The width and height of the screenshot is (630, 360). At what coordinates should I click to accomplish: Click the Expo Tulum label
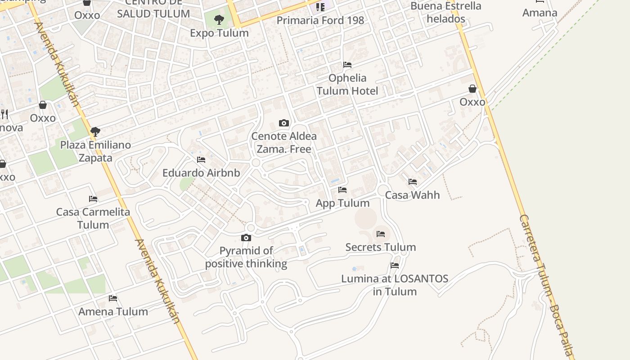coord(219,33)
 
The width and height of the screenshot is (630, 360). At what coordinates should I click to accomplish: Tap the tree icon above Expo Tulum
coord(219,19)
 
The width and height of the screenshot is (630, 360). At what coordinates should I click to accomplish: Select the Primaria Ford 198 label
coord(320,20)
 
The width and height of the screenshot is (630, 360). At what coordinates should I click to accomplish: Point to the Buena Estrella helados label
coord(446,12)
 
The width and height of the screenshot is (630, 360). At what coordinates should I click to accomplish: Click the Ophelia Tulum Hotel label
coord(347,84)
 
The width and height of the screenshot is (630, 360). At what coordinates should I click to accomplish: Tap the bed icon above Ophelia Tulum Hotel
coord(347,65)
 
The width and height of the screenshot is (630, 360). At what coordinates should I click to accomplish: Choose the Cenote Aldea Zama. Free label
coord(284,142)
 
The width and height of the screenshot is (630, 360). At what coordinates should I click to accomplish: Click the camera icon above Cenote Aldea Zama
coord(283,123)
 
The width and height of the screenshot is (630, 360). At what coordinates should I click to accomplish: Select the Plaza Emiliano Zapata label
coord(95,151)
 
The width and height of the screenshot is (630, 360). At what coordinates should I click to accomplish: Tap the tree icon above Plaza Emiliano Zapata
coord(95,132)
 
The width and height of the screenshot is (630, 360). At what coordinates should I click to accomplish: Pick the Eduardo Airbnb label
coord(201,173)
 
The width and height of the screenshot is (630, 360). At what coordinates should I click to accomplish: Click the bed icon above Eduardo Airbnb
coord(201,160)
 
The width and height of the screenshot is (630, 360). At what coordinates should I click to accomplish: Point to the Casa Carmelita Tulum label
coord(93,218)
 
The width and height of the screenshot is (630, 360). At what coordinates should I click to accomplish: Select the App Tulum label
coord(342,203)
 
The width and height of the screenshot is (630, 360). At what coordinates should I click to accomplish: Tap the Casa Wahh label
coord(413,195)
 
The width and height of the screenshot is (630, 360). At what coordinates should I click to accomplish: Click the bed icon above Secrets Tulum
coord(381,234)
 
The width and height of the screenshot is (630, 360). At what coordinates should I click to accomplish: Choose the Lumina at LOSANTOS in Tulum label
coord(395,285)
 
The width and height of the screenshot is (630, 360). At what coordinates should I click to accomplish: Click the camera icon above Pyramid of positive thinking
coord(246,238)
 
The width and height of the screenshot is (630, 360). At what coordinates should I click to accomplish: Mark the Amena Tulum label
coord(113,311)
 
